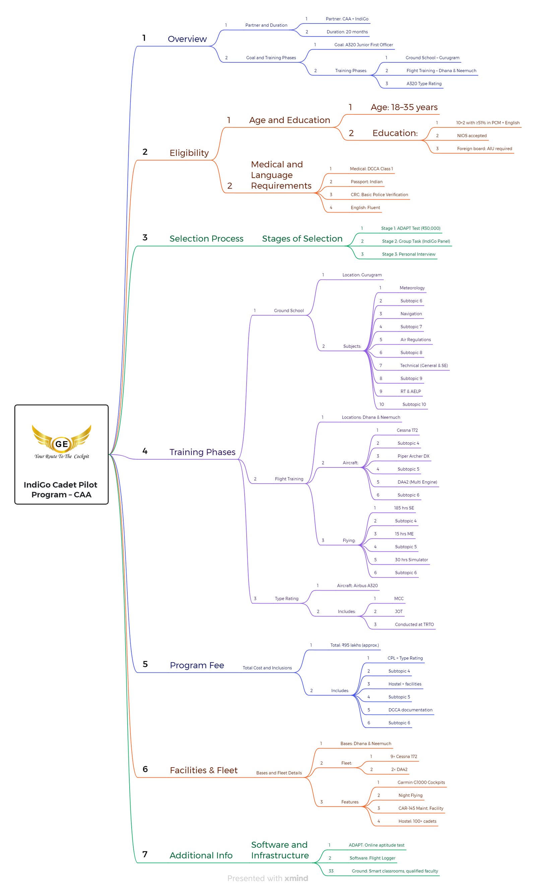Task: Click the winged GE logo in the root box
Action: pyautogui.click(x=61, y=439)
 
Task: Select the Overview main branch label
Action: pyautogui.click(x=187, y=39)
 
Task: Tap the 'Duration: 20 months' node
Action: pyautogui.click(x=347, y=32)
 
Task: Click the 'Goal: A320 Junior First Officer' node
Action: pyautogui.click(x=363, y=45)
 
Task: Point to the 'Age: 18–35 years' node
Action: pyautogui.click(x=404, y=107)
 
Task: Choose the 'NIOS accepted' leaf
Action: pyautogui.click(x=472, y=135)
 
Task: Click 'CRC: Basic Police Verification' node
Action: pyautogui.click(x=379, y=194)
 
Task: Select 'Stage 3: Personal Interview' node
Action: pyautogui.click(x=408, y=254)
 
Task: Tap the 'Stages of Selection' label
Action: pyautogui.click(x=302, y=239)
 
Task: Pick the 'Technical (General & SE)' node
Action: pyautogui.click(x=424, y=366)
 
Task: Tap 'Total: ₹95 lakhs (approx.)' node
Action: pyautogui.click(x=354, y=645)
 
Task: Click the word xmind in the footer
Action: pyautogui.click(x=296, y=878)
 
